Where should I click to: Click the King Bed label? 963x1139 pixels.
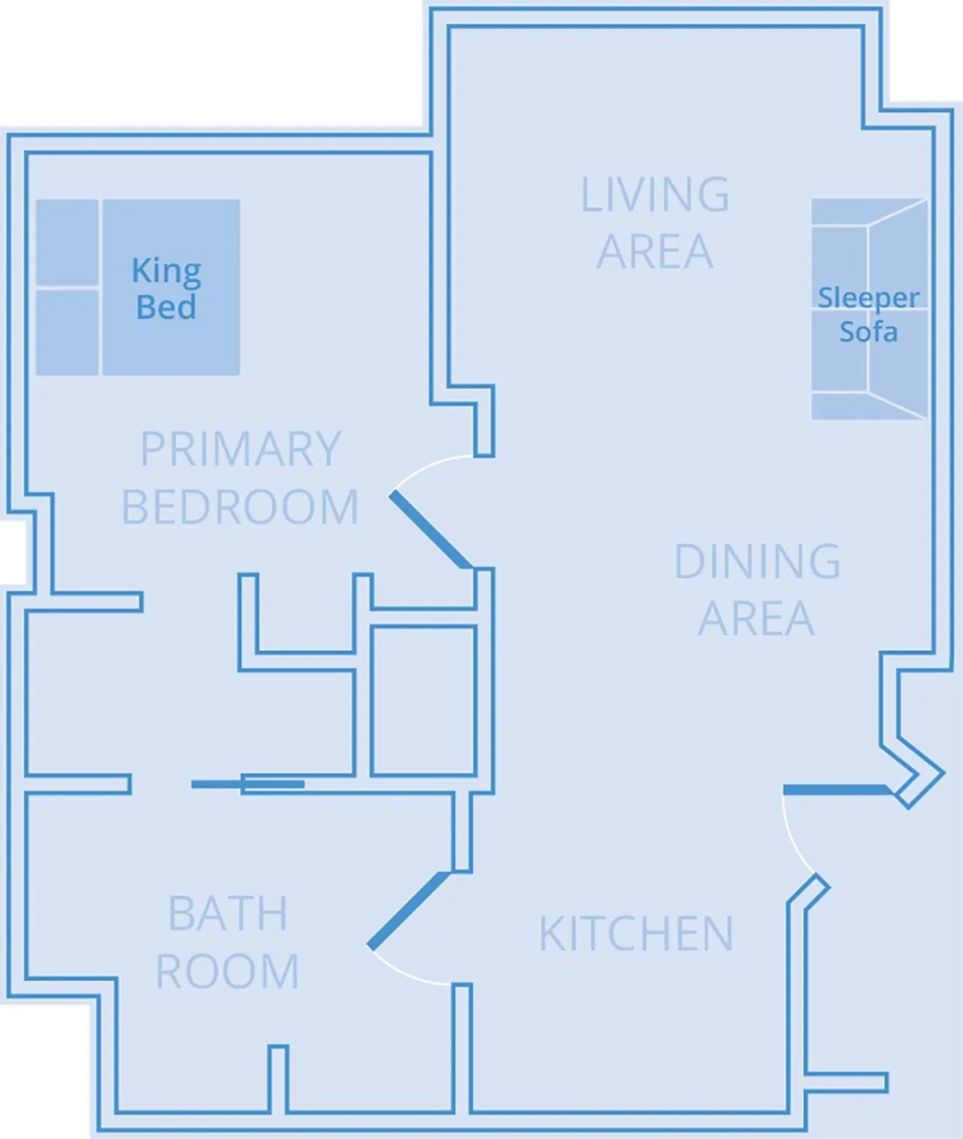point(166,289)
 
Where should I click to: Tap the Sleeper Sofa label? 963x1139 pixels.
point(868,314)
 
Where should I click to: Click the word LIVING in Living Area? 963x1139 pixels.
point(655,195)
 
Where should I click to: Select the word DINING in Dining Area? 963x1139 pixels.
point(757,562)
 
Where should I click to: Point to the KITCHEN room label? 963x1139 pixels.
point(636,934)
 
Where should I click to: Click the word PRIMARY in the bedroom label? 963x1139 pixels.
point(241,450)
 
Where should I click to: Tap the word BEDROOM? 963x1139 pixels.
point(240,508)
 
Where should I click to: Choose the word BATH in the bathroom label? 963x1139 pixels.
point(227,914)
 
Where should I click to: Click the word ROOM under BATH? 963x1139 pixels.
point(227,971)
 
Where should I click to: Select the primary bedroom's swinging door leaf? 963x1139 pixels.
point(430,530)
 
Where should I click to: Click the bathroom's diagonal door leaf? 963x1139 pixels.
point(409,910)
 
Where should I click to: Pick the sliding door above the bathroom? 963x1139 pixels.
point(248,785)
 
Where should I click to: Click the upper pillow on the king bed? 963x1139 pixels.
point(67,242)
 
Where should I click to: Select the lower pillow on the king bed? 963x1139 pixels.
point(67,332)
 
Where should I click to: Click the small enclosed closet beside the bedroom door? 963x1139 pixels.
point(424,700)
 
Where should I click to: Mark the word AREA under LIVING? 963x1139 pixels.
point(655,252)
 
